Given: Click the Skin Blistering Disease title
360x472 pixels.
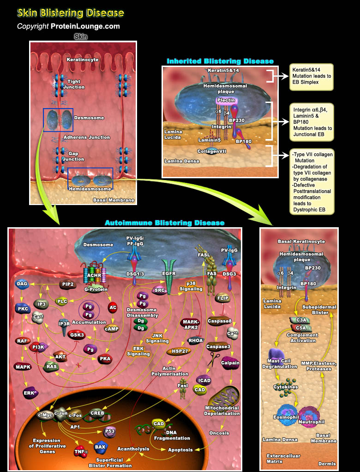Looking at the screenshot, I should [x=70, y=12].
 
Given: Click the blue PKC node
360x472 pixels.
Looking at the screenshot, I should [x=22, y=308].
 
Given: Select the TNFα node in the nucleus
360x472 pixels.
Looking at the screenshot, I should [x=81, y=452].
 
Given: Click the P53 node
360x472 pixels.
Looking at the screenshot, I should [x=110, y=431].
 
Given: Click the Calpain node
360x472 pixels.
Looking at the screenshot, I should [x=230, y=363].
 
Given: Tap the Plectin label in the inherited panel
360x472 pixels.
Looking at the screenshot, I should [x=226, y=100].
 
